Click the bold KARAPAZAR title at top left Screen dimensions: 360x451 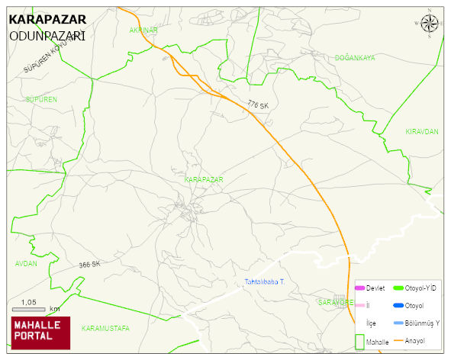(x=47, y=19)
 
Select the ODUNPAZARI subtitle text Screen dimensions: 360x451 (x=47, y=36)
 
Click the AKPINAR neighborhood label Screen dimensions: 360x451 (x=143, y=30)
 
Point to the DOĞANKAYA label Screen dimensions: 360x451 (x=355, y=58)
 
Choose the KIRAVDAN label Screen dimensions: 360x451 (x=422, y=132)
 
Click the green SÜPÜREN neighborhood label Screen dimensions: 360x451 (x=41, y=100)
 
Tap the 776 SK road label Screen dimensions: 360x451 (x=258, y=104)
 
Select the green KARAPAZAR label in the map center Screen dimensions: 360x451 (x=204, y=179)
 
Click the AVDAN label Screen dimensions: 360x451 (x=26, y=263)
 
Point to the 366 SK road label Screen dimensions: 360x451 (x=89, y=265)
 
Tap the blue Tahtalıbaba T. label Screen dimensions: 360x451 (x=264, y=282)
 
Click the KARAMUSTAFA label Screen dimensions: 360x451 (x=105, y=328)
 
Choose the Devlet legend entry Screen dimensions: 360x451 (x=370, y=288)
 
